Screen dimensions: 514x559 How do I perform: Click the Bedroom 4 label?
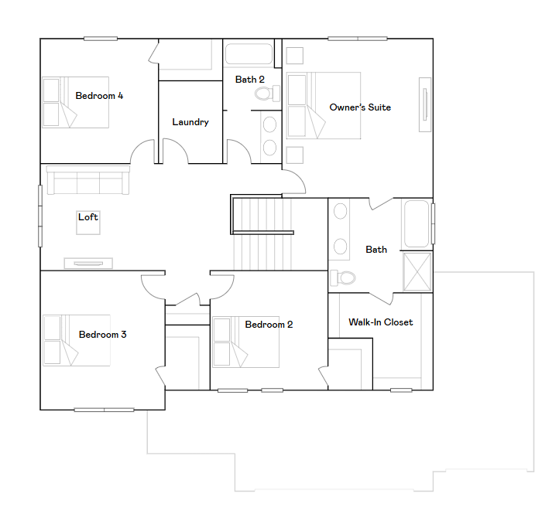click(99, 96)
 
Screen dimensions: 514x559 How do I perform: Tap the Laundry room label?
click(190, 122)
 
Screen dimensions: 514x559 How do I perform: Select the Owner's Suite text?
click(360, 107)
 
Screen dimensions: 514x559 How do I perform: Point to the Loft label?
click(88, 217)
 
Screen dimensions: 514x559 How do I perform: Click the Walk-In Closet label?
click(380, 322)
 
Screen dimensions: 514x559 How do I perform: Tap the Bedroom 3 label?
click(102, 335)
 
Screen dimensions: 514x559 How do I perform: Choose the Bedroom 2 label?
click(269, 325)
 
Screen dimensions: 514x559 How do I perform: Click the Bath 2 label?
click(250, 79)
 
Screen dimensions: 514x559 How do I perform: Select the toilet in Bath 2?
click(266, 94)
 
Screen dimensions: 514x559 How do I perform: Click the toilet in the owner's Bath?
click(345, 277)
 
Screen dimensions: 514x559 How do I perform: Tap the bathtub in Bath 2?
click(249, 54)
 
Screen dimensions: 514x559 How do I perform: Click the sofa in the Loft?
click(87, 181)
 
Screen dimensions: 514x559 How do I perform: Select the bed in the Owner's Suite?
click(324, 105)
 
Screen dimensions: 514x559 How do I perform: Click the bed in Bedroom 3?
click(76, 340)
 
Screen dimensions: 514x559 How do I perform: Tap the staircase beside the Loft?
click(263, 232)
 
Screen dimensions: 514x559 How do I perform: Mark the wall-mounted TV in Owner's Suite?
click(424, 105)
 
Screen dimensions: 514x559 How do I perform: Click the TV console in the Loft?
click(90, 263)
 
